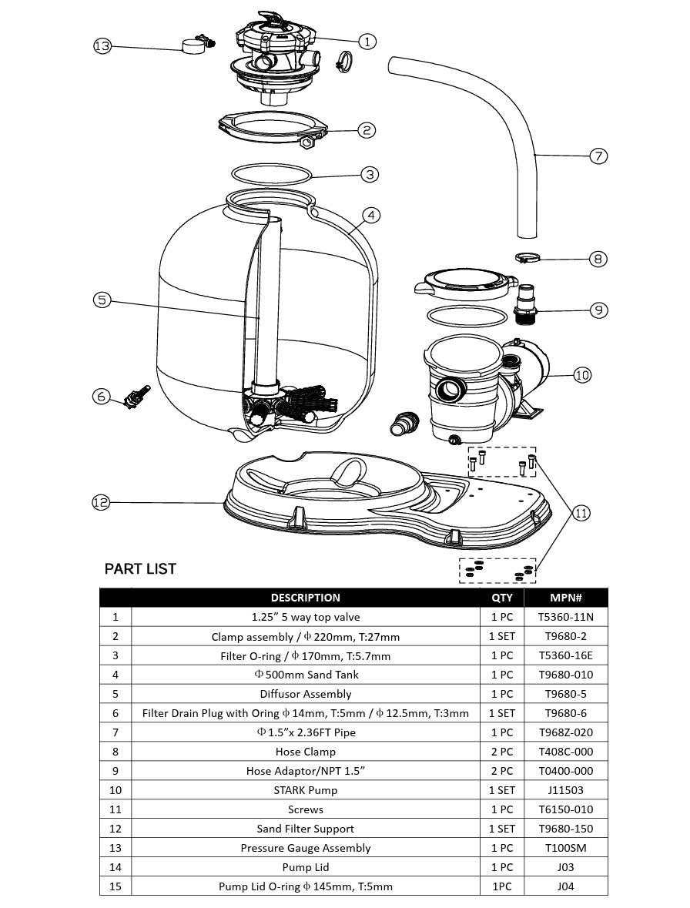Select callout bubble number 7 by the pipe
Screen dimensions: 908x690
click(598, 156)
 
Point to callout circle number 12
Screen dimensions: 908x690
click(101, 503)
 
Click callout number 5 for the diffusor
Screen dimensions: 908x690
click(102, 300)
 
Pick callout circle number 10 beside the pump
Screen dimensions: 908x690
click(582, 375)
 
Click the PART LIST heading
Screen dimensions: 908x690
click(140, 569)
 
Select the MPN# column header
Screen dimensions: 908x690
click(565, 598)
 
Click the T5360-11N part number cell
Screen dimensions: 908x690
click(565, 617)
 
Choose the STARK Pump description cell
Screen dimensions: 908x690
click(306, 790)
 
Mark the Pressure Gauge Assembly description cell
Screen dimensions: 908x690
click(306, 848)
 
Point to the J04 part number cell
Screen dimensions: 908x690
click(565, 886)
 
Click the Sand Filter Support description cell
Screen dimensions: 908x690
click(306, 829)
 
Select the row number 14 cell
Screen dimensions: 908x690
click(116, 867)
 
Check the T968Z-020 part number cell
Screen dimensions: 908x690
click(565, 732)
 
